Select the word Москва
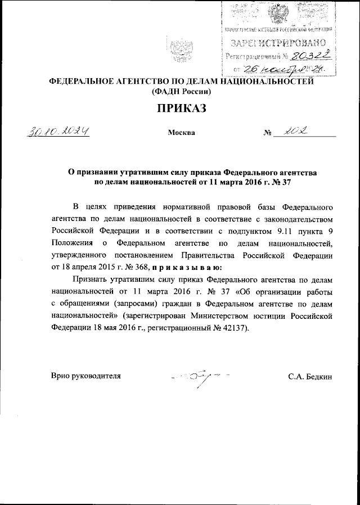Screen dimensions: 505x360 tap(181, 133)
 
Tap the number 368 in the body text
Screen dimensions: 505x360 tap(138, 267)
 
